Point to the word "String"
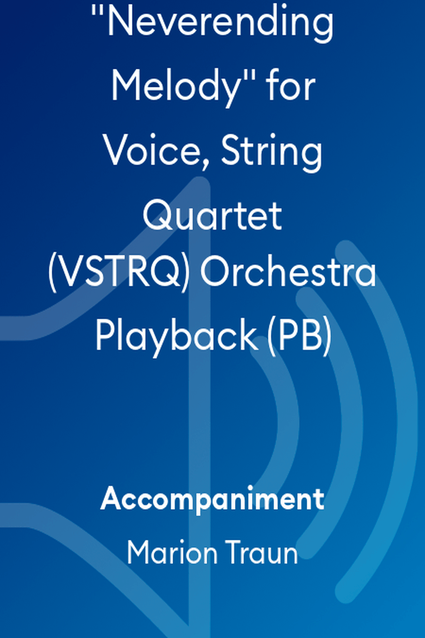272,152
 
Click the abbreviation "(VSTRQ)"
119,274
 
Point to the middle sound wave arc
351,422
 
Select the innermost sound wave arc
288,422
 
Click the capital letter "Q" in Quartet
157,216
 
